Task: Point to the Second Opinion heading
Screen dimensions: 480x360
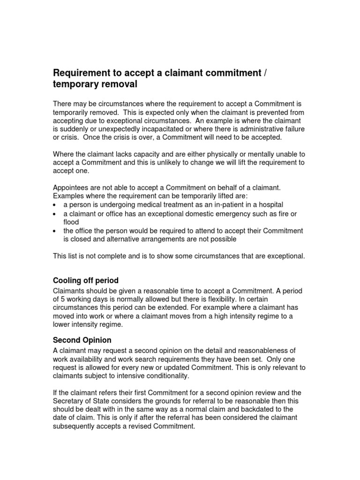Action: (x=82, y=339)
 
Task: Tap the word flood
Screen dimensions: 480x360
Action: (x=72, y=222)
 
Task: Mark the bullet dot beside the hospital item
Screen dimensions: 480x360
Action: (x=55, y=205)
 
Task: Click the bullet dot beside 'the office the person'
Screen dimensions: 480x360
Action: (x=55, y=231)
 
